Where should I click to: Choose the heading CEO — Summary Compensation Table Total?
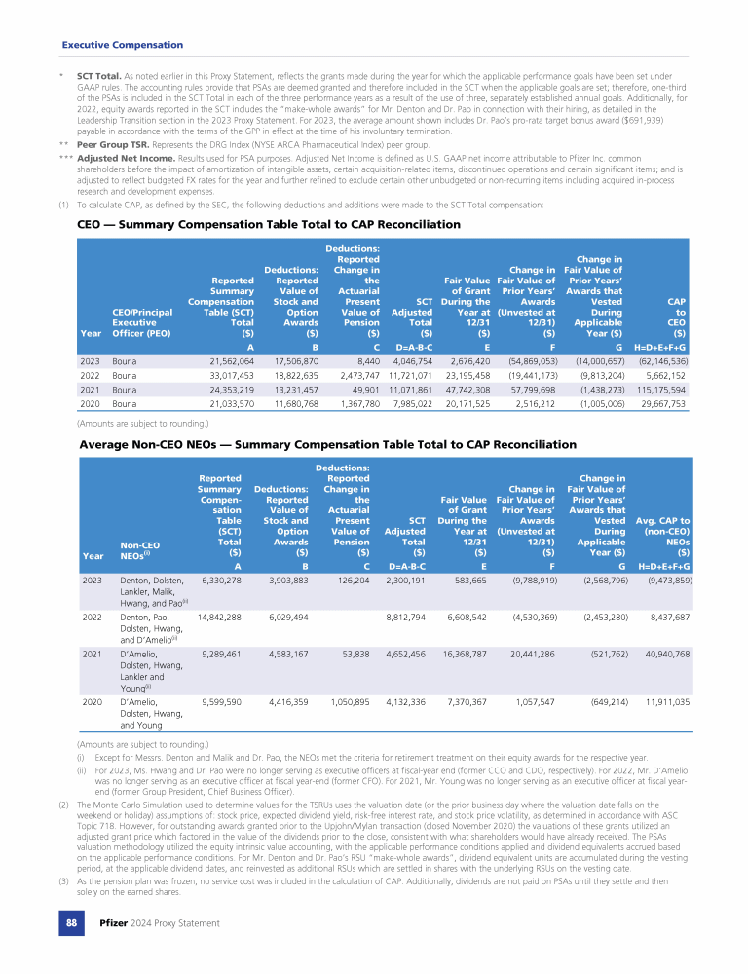click(x=268, y=224)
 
